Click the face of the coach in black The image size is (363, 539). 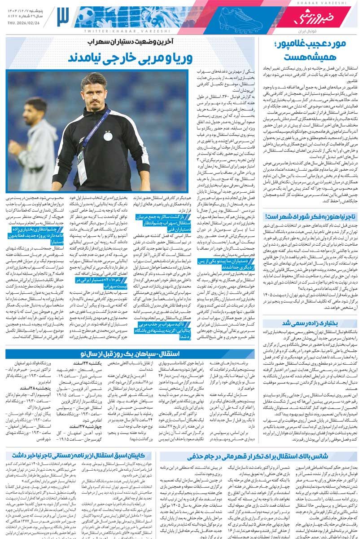click(95, 90)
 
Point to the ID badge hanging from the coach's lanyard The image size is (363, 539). click(82, 166)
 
